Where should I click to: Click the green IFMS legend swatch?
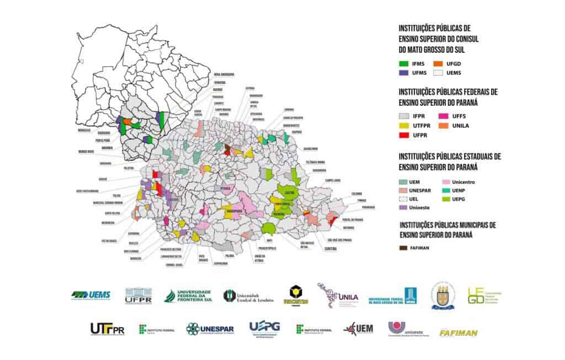405,63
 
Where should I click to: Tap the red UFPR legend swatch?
405,135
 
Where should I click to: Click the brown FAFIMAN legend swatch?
405,248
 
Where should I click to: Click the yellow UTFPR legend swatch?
405,126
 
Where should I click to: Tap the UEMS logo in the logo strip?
91,295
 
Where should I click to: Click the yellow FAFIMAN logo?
458,332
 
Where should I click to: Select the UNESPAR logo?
210,329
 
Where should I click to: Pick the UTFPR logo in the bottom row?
107,329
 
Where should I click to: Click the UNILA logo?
338,295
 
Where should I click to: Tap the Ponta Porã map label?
102,139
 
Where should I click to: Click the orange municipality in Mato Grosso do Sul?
127,121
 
